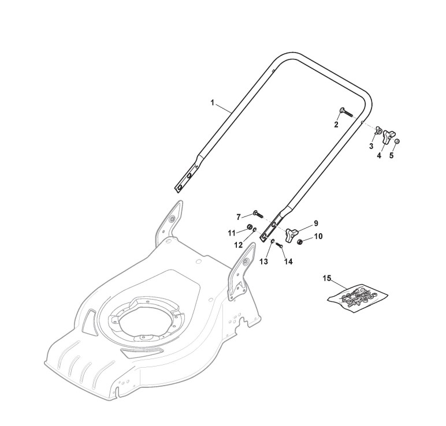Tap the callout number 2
point(336,124)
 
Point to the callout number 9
point(316,222)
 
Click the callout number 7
point(238,216)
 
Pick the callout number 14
point(288,261)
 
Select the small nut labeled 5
point(397,141)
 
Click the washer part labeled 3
point(378,132)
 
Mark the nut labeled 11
point(250,226)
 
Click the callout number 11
point(231,233)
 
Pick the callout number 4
point(380,155)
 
